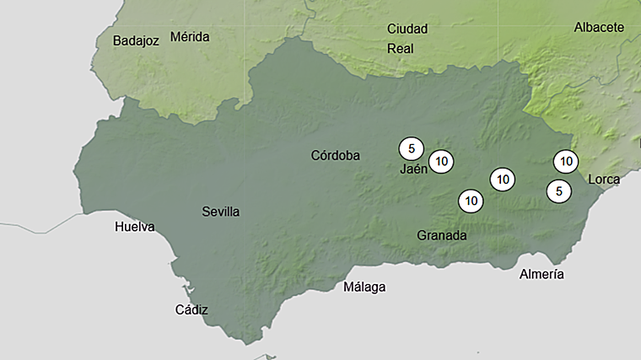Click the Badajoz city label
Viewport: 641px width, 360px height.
click(x=136, y=40)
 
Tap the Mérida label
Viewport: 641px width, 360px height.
click(x=190, y=36)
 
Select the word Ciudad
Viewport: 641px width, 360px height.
click(x=407, y=29)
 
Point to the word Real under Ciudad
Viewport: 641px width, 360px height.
click(x=400, y=48)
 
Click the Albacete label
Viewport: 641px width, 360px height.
click(x=599, y=27)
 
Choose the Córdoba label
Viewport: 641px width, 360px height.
click(x=335, y=155)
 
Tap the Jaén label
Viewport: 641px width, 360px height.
click(x=413, y=169)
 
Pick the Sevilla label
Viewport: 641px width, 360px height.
click(x=220, y=212)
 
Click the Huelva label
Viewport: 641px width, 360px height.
click(x=135, y=227)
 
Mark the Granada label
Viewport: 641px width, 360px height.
click(x=441, y=235)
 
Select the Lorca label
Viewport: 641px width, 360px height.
click(x=604, y=179)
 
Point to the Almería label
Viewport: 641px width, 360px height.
click(x=541, y=274)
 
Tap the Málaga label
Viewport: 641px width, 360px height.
click(x=364, y=287)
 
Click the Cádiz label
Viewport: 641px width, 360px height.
click(x=191, y=309)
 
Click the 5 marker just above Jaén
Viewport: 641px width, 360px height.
click(x=411, y=149)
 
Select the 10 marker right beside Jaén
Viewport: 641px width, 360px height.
click(x=441, y=160)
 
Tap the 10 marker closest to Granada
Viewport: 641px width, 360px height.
click(x=471, y=201)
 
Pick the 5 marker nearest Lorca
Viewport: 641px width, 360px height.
click(x=558, y=191)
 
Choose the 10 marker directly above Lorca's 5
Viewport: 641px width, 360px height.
click(x=566, y=160)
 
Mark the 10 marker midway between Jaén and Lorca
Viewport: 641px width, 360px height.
click(x=502, y=179)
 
